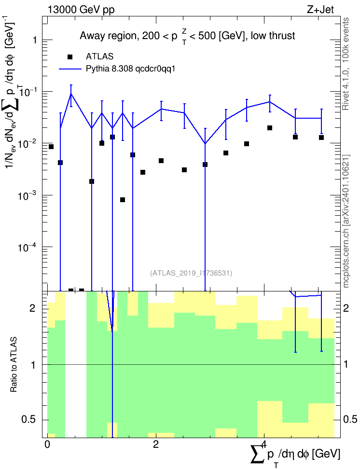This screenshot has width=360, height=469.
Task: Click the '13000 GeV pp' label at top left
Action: tap(81, 10)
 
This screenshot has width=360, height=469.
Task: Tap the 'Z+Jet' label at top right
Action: tap(320, 10)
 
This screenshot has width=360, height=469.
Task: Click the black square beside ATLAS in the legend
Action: tap(70, 57)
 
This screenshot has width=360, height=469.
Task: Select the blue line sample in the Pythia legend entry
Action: tap(70, 69)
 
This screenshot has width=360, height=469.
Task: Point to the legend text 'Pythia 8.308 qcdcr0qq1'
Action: tap(130, 69)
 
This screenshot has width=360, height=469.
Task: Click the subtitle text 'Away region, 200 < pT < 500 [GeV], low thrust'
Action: tap(187, 36)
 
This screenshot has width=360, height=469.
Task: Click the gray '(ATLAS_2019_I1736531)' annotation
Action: tap(191, 273)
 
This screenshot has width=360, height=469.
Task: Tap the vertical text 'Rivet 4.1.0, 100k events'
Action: tap(346, 64)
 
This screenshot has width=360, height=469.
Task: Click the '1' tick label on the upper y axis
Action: tap(35, 40)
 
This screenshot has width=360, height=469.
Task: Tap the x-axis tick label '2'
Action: tap(155, 444)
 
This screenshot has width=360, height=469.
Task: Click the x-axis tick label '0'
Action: tap(47, 444)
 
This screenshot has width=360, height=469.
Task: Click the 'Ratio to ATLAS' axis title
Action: tap(14, 365)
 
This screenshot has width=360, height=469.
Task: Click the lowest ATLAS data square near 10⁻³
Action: tap(123, 200)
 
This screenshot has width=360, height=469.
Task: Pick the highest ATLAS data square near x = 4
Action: tap(270, 128)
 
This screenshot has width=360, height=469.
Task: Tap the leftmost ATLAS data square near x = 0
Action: tap(51, 147)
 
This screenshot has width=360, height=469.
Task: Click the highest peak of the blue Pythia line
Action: tap(71, 94)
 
